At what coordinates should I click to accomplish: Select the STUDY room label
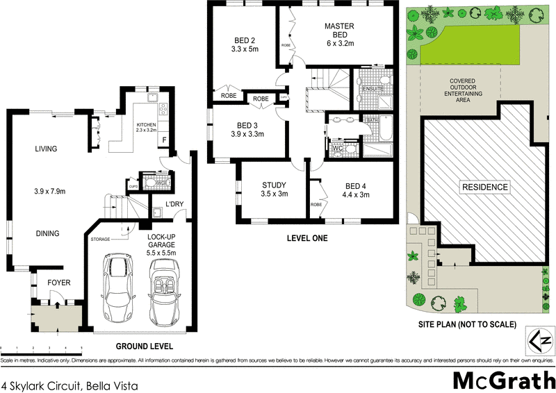[x=274, y=185]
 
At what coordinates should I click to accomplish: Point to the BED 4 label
[x=355, y=185]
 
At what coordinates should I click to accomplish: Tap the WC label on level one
[x=338, y=148]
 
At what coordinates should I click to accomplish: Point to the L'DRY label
[x=174, y=204]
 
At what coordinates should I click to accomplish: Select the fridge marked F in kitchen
[x=164, y=140]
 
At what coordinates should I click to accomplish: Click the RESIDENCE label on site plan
[x=484, y=187]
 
